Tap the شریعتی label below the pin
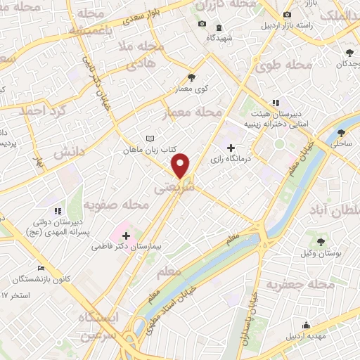click(169, 188)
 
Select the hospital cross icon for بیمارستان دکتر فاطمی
click(127, 236)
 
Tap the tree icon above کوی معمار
click(191, 78)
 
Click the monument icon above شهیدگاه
click(219, 27)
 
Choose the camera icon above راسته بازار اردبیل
click(285, 15)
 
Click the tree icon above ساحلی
click(342, 131)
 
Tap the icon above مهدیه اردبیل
click(306, 324)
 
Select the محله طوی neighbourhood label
click(288, 66)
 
